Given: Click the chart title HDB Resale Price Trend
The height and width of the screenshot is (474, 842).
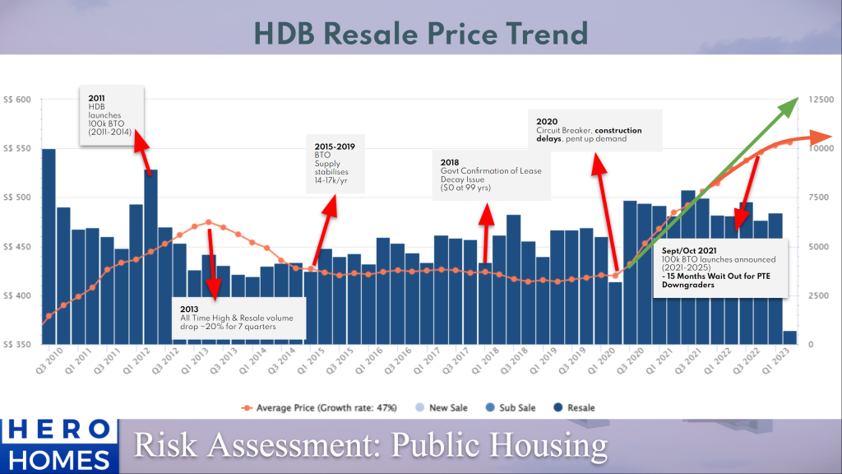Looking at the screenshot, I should point(420,33).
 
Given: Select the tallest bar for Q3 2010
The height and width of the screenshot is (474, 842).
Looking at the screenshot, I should point(49,247).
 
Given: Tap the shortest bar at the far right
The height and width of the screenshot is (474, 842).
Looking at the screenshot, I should point(789,337).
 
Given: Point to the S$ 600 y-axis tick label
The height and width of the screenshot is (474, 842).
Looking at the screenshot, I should point(17,100).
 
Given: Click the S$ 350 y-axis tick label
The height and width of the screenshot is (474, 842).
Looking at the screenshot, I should point(17,344).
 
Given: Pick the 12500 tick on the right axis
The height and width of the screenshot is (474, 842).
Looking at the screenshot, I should point(821,100).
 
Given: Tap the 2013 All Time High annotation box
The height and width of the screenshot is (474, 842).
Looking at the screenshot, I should point(238,318).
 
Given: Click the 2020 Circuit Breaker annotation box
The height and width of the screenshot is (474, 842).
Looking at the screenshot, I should point(594,130).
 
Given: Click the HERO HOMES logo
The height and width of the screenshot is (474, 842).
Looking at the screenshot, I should point(57,444).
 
